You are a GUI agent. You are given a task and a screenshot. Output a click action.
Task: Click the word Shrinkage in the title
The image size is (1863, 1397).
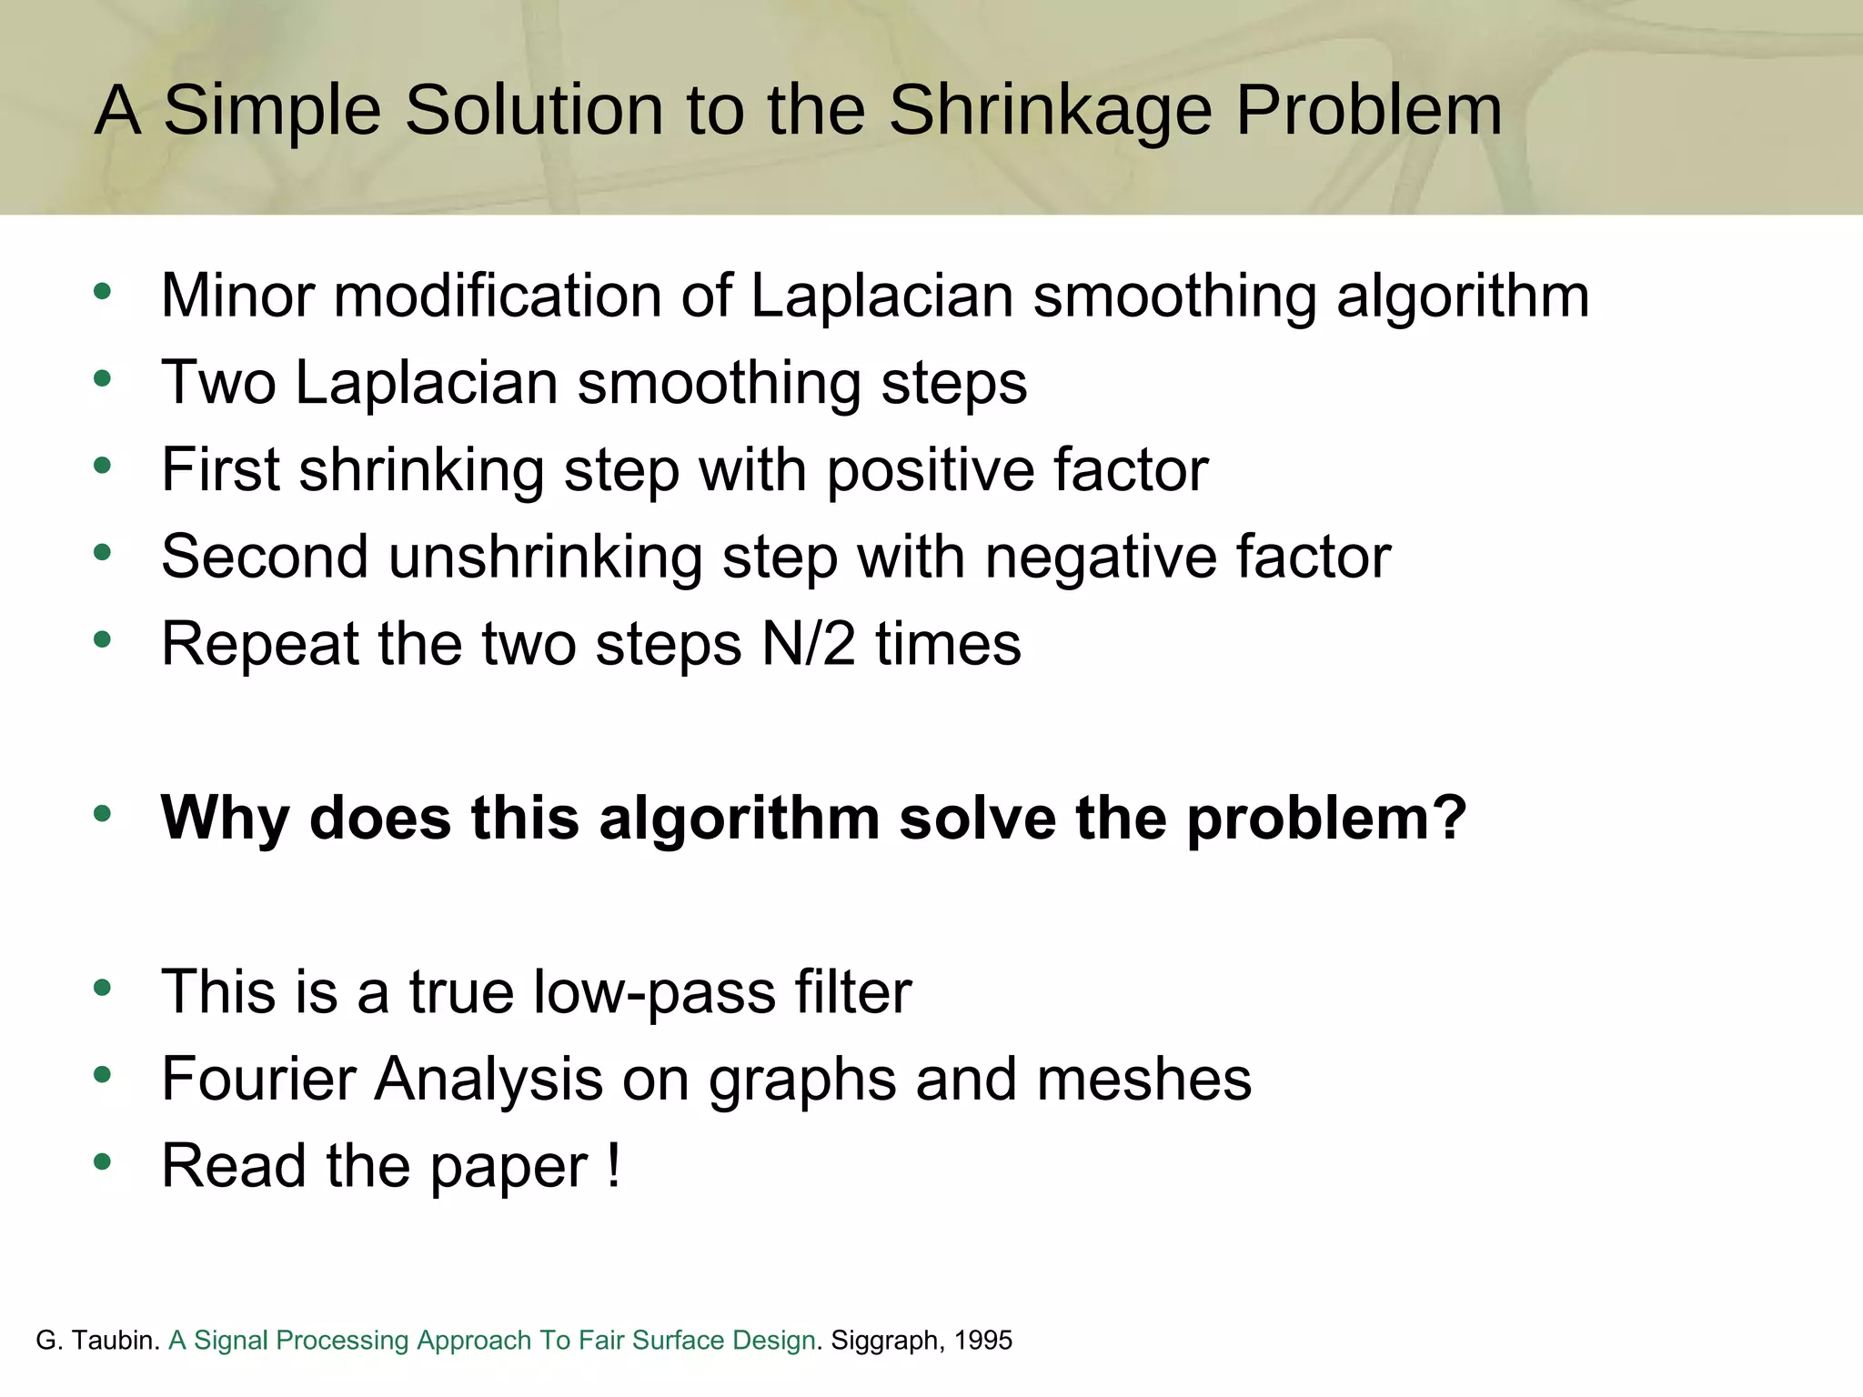[x=1050, y=111]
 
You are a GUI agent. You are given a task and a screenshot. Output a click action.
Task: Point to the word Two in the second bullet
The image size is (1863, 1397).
[x=218, y=382]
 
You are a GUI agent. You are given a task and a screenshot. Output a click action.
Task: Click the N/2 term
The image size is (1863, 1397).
[x=809, y=644]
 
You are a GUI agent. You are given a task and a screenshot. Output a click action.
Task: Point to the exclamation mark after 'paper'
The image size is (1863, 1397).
[x=614, y=1165]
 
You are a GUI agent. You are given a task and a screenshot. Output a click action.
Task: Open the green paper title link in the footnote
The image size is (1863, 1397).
[x=491, y=1340]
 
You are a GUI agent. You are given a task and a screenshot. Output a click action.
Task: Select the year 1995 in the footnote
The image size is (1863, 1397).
[x=983, y=1340]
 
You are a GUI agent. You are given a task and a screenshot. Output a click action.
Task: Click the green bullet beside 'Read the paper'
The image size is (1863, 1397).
[x=102, y=1161]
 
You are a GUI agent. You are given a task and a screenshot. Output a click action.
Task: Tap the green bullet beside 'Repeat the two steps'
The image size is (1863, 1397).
[x=102, y=639]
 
